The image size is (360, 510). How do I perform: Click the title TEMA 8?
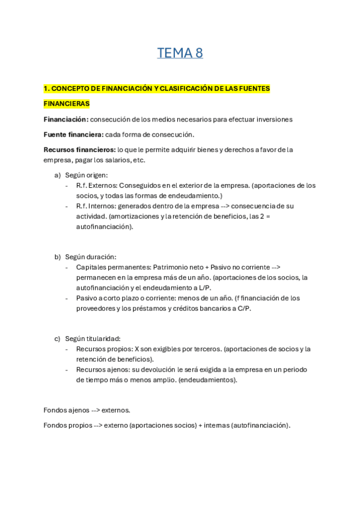[x=180, y=54]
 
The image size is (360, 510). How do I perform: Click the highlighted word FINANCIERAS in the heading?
[x=66, y=104]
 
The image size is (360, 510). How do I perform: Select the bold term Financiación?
[x=66, y=119]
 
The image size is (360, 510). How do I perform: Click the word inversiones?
[x=273, y=119]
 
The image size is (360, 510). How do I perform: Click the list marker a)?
[x=58, y=175]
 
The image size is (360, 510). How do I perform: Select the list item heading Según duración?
[x=91, y=257]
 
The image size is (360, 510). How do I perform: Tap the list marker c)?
[x=58, y=339]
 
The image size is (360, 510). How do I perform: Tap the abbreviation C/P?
[x=243, y=308]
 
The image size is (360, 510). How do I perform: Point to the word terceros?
[x=204, y=349]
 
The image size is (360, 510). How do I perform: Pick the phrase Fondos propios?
[x=66, y=425]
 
